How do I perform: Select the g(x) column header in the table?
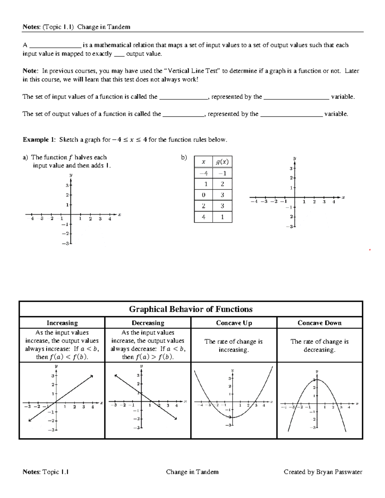click(x=222, y=162)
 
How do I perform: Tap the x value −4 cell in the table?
click(x=203, y=173)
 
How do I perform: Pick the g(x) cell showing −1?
click(x=222, y=173)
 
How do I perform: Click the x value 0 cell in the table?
click(x=203, y=195)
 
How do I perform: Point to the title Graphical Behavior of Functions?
click(x=191, y=309)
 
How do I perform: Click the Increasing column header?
click(x=62, y=323)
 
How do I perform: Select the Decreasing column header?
click(x=148, y=323)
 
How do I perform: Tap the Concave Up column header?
click(x=234, y=323)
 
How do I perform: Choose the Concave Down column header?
click(x=320, y=323)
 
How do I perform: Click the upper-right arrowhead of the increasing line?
click(x=92, y=376)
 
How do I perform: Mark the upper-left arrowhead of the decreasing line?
click(x=115, y=376)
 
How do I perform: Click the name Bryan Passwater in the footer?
click(x=339, y=472)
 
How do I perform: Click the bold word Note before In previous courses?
click(x=30, y=71)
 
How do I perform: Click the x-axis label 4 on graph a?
click(x=109, y=219)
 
